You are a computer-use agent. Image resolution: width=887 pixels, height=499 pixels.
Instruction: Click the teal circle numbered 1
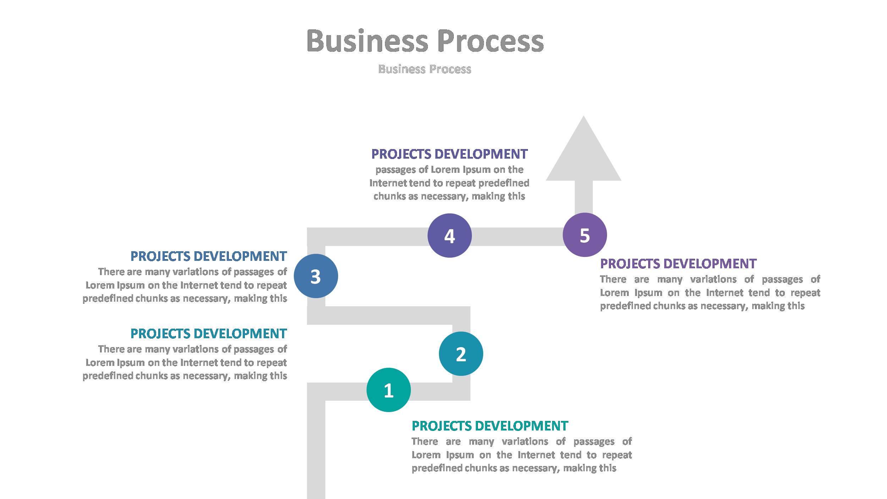[x=389, y=390]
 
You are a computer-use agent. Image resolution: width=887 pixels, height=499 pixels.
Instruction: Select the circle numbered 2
[x=461, y=353]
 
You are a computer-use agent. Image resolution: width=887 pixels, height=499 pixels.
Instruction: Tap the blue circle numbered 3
[x=316, y=276]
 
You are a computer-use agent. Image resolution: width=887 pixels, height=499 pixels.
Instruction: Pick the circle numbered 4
[x=450, y=235]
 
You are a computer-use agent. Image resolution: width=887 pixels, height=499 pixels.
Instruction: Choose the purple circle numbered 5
[x=585, y=235]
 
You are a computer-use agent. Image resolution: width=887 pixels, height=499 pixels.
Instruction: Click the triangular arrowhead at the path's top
[x=583, y=156]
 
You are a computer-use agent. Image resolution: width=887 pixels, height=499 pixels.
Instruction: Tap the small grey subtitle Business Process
[x=425, y=69]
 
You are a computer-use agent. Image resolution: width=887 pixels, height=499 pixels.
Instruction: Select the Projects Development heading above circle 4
[x=449, y=154]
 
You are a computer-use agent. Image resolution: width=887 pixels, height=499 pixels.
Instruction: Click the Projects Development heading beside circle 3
[x=209, y=256]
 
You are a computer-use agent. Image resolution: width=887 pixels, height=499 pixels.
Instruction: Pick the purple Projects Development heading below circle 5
[x=678, y=264]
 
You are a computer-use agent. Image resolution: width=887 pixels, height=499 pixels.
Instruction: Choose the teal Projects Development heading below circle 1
[x=490, y=426]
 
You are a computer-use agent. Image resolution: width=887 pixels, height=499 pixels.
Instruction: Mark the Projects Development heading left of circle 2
[x=209, y=334]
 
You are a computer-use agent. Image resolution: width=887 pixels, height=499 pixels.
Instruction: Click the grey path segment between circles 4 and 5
[x=517, y=237]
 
